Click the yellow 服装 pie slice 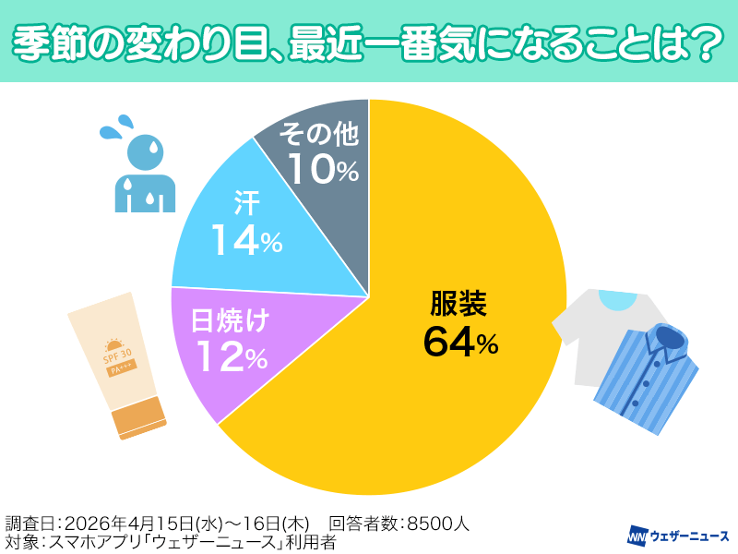click(x=443, y=388)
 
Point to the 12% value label click(x=230, y=357)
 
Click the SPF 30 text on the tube click(x=116, y=354)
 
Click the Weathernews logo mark click(x=637, y=535)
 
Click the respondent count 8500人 click(x=434, y=524)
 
